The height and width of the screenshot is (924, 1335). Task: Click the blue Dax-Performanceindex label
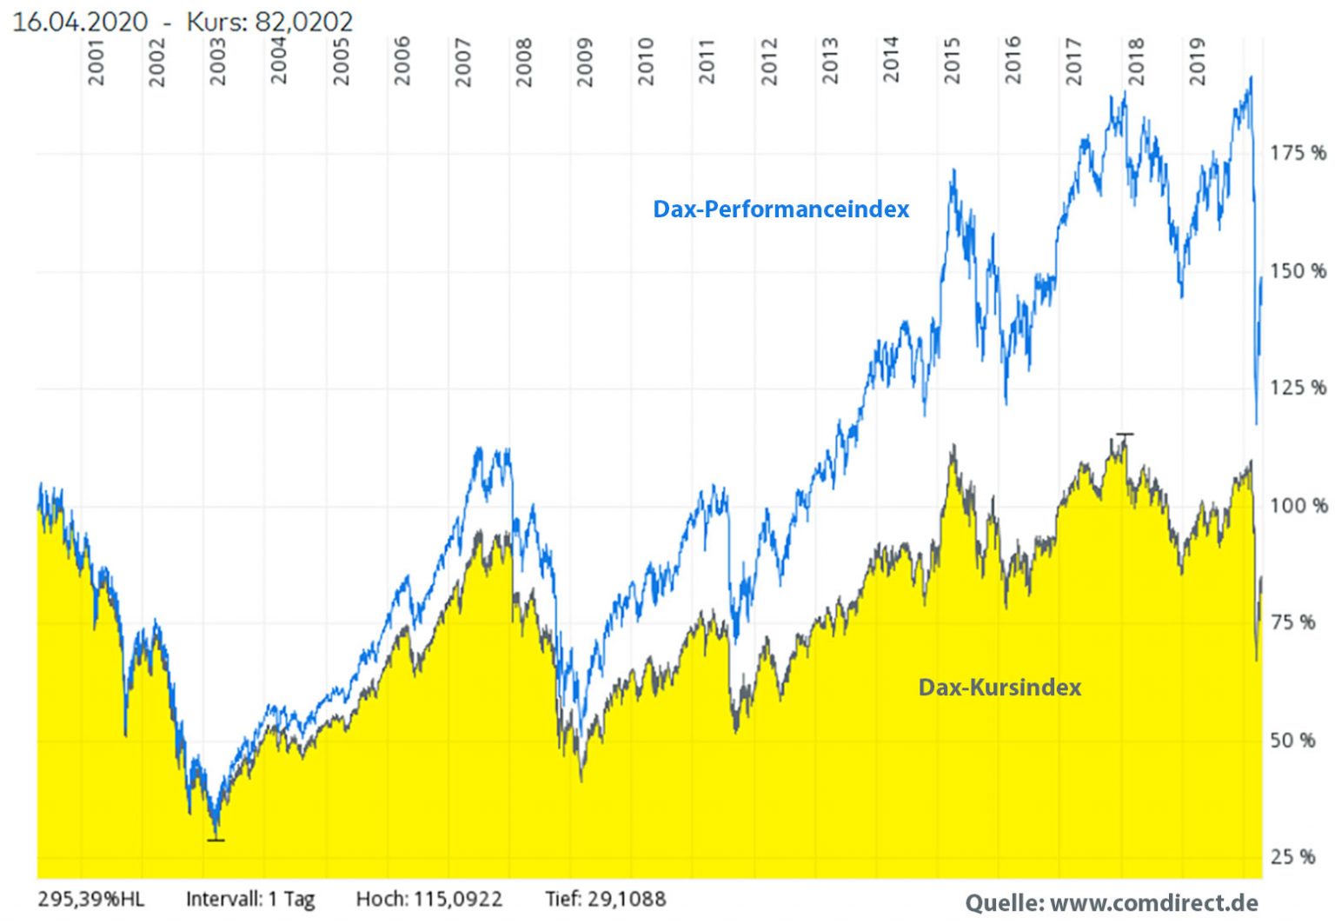[x=780, y=209]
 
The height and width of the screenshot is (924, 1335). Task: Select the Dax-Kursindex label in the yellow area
[x=1000, y=688]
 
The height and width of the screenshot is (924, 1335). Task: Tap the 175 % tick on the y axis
[x=1298, y=154]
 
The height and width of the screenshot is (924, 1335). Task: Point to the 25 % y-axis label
[x=1292, y=857]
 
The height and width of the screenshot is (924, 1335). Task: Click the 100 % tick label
[x=1298, y=506]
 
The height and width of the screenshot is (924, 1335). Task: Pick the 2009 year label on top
[x=585, y=62]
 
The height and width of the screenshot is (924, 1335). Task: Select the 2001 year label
[x=96, y=62]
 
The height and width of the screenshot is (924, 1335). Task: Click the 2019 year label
[x=1198, y=62]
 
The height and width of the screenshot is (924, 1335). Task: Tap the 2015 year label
[x=953, y=62]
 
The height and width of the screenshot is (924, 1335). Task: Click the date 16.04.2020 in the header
[x=80, y=22]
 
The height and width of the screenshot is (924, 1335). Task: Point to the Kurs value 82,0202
[x=304, y=22]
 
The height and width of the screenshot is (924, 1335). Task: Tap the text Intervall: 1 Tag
[x=250, y=899]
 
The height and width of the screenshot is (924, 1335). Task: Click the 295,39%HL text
[x=91, y=899]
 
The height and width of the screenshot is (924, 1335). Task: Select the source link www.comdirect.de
[x=1154, y=903]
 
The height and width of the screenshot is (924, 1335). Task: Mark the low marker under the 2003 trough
[x=216, y=840]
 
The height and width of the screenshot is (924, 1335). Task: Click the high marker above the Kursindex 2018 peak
[x=1125, y=434]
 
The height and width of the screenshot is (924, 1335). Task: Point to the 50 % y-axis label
[x=1292, y=741]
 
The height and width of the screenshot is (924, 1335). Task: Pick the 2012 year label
[x=769, y=62]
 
